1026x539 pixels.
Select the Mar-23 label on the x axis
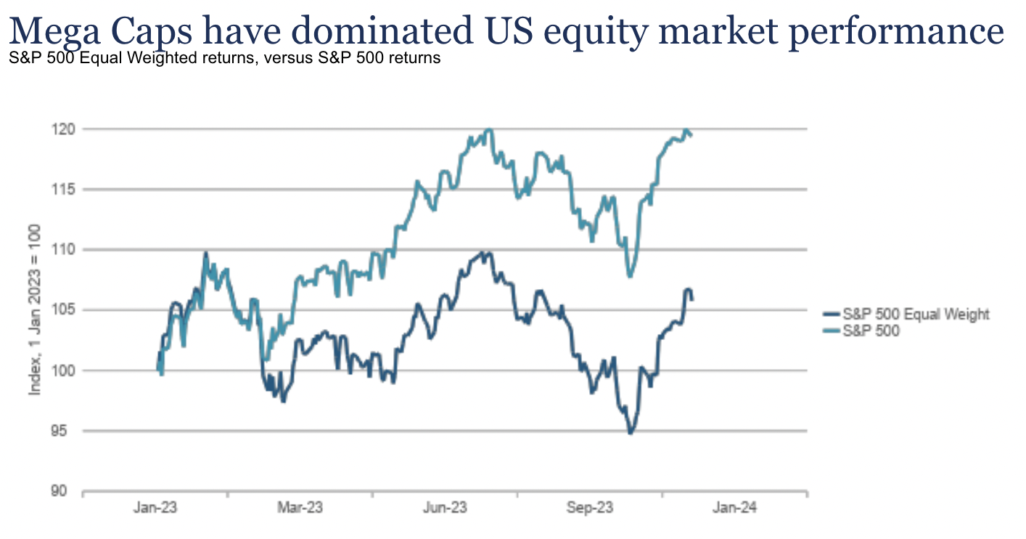pyautogui.click(x=300, y=508)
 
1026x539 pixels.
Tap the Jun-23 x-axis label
pyautogui.click(x=445, y=508)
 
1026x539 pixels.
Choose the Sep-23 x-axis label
pyautogui.click(x=590, y=508)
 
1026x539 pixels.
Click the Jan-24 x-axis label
pyautogui.click(x=734, y=508)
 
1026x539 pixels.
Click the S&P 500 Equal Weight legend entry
pyautogui.click(x=915, y=315)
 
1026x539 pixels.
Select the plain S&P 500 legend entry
pyautogui.click(x=870, y=331)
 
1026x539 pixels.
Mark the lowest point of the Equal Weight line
pyautogui.click(x=630, y=433)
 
